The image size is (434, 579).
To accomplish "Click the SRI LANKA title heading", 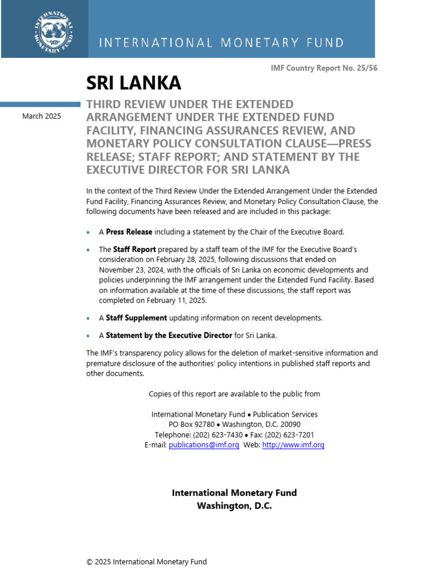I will point(133,83).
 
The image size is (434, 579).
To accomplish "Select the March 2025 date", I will point(42,116).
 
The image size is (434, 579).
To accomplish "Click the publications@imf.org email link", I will point(204,445).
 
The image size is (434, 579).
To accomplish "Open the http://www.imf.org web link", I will point(293,445).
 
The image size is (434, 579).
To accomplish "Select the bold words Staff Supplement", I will point(136,318).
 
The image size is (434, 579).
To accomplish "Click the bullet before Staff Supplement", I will point(88,318).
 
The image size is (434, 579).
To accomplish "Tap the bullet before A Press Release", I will point(88,232).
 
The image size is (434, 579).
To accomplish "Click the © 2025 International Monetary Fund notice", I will point(146,561).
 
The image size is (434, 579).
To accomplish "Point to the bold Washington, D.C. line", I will point(234,506).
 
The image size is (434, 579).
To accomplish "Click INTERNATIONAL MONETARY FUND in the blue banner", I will point(222,42).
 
